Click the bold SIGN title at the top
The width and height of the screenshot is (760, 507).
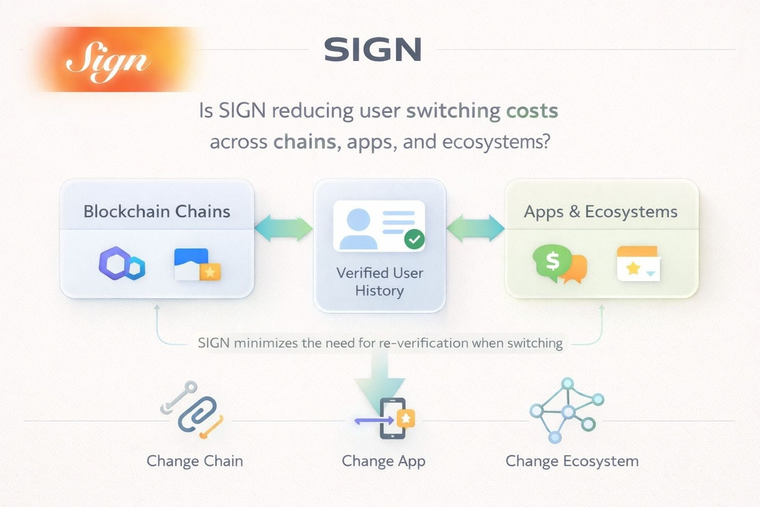[x=373, y=50]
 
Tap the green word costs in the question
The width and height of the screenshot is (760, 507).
[x=532, y=110]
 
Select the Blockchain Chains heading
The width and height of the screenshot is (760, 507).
[x=156, y=211]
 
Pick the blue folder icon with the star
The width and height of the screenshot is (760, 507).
[x=197, y=265]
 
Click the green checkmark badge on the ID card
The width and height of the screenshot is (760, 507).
[x=414, y=240]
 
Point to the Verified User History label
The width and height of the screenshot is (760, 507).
[x=380, y=281]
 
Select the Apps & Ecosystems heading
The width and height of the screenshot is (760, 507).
[x=601, y=211]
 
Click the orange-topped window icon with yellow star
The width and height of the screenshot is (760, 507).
[x=638, y=263]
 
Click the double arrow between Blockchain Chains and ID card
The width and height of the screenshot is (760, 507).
[x=284, y=228]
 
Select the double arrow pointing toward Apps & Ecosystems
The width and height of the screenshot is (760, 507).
[x=475, y=228]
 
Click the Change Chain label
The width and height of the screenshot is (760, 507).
[x=194, y=461]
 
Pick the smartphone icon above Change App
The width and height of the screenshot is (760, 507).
[x=392, y=418]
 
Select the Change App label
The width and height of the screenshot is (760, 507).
[x=383, y=461]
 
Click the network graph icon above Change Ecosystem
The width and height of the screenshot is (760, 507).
[x=567, y=410]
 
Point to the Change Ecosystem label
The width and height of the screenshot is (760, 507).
[x=572, y=461]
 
